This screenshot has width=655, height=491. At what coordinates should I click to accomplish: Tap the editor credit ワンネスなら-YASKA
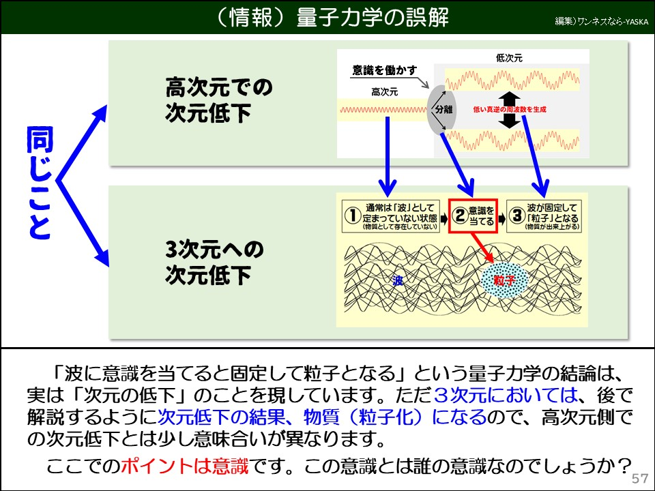[x=601, y=21]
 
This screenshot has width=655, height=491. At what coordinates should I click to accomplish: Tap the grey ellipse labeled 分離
[x=441, y=108]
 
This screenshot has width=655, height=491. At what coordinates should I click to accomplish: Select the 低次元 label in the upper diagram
[x=509, y=58]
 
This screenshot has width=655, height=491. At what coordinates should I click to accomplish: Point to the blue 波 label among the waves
[x=398, y=280]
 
